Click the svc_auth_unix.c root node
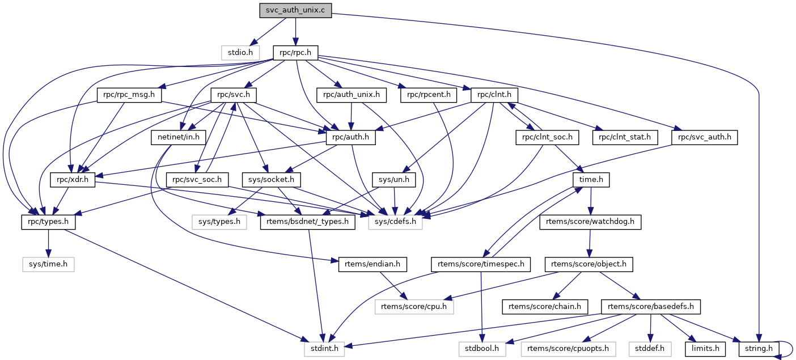coord(295,10)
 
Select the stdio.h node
coord(240,53)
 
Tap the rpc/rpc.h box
coord(295,53)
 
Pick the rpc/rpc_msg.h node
coord(129,95)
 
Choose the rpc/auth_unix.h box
coord(352,95)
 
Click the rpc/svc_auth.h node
coord(704,137)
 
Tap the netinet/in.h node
coord(177,137)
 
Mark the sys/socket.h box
coord(270,180)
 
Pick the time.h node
coord(591,180)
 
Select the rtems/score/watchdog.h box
coord(590,222)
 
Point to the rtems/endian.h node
coord(369,264)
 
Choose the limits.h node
coord(705,349)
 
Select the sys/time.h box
coord(48,264)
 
